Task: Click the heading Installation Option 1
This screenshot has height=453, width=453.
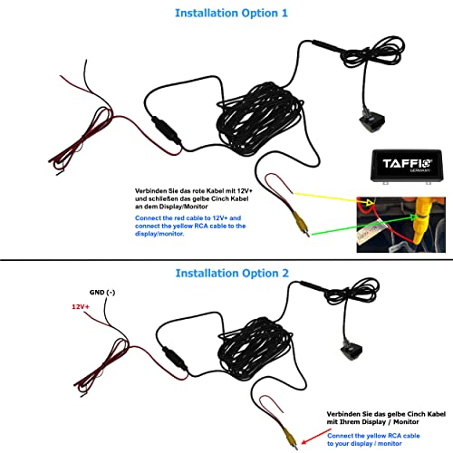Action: [x=231, y=14]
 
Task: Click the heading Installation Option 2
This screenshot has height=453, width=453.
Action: [x=232, y=274]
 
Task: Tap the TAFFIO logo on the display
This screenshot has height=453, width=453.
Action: [x=408, y=164]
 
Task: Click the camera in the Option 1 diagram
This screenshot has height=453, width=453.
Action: [x=372, y=120]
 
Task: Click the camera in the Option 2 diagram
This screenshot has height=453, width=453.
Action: [x=352, y=351]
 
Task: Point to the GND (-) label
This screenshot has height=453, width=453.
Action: [x=102, y=293]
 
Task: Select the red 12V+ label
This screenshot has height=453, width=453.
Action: [x=81, y=307]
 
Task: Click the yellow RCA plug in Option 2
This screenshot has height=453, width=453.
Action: [x=291, y=439]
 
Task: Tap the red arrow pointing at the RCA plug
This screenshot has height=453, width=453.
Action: [x=316, y=437]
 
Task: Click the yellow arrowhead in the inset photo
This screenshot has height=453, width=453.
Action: [x=370, y=201]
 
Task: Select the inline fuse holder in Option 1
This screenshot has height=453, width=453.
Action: [x=167, y=130]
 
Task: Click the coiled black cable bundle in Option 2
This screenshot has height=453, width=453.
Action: [x=255, y=347]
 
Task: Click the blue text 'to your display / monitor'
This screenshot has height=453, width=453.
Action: [x=364, y=444]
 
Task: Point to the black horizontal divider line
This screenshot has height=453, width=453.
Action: [x=226, y=259]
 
